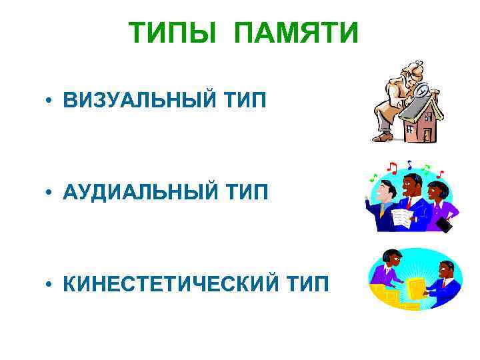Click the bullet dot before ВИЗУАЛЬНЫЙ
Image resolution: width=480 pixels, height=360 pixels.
click(x=50, y=102)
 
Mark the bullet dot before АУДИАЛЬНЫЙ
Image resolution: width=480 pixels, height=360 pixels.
click(x=50, y=193)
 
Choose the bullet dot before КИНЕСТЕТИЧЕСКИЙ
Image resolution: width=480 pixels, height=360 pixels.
click(x=50, y=285)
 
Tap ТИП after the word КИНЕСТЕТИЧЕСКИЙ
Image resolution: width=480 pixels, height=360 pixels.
click(x=307, y=285)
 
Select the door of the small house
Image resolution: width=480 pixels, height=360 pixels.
click(x=427, y=133)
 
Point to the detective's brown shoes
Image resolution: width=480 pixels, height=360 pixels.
click(x=383, y=137)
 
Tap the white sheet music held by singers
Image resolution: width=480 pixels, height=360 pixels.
click(x=402, y=217)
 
